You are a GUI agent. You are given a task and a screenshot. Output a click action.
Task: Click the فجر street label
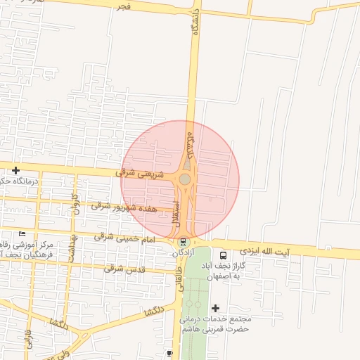coord(125,6)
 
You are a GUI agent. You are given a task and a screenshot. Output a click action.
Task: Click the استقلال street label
coord(176,213)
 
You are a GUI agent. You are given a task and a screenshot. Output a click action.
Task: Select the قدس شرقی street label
coord(124,269)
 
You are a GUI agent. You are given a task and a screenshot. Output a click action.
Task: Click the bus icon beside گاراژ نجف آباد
coord(224,256)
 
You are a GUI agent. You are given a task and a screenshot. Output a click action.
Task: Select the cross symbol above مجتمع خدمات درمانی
coord(215,308)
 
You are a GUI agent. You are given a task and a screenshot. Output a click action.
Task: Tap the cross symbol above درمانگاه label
coord(15,170)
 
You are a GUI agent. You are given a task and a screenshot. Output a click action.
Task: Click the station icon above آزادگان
coord(184,242)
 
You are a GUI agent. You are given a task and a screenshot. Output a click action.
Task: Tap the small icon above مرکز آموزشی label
coord(22,233)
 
